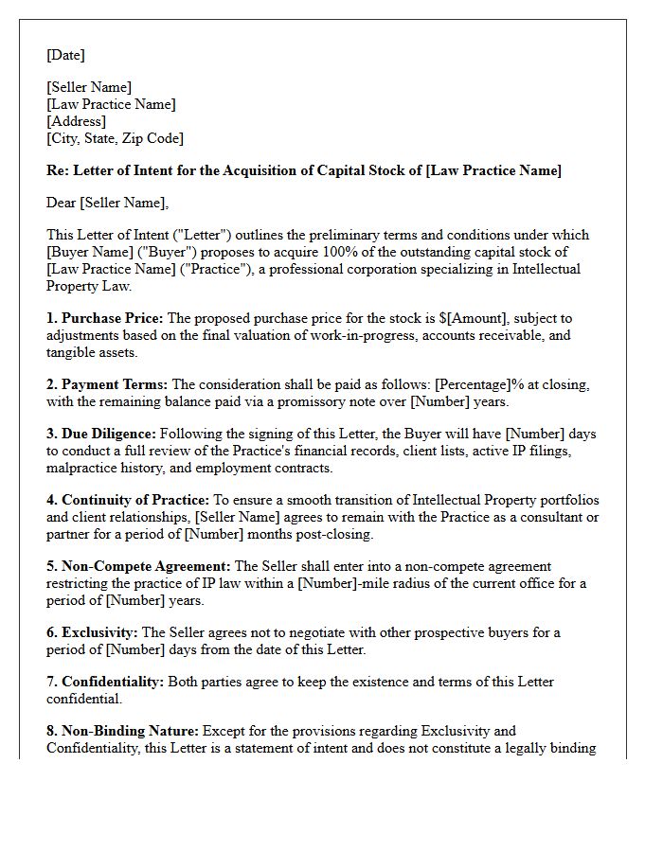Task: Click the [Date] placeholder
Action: [65, 55]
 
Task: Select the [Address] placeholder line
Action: [76, 121]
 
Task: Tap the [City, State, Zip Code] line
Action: [115, 138]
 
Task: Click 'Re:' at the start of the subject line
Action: [57, 170]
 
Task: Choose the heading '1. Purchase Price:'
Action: [104, 318]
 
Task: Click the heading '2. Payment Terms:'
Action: [106, 384]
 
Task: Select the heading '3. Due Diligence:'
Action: [104, 434]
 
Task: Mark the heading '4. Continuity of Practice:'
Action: [127, 500]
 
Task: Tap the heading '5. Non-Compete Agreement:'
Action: [138, 566]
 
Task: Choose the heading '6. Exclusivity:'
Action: [92, 632]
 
